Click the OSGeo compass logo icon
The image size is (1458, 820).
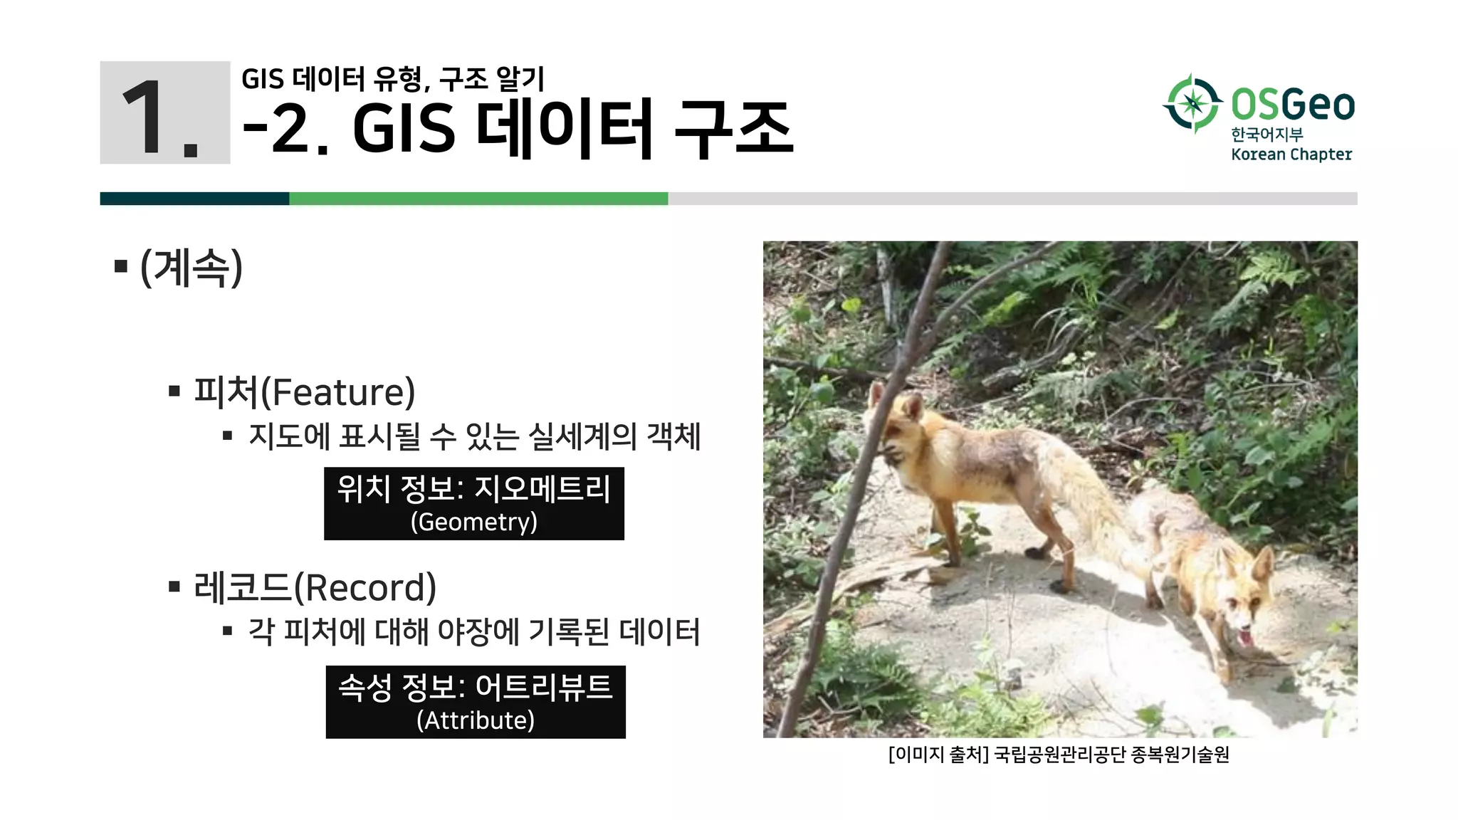pyautogui.click(x=1193, y=104)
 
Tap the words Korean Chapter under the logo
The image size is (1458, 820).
pyautogui.click(x=1291, y=154)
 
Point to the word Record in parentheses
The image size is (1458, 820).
pyautogui.click(x=365, y=588)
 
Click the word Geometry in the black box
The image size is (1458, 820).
pyautogui.click(x=474, y=522)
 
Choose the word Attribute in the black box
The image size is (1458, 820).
pyautogui.click(x=476, y=720)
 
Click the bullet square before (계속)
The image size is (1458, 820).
pyautogui.click(x=121, y=267)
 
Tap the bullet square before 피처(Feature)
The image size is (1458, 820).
pyautogui.click(x=174, y=391)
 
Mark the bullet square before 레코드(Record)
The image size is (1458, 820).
pyautogui.click(x=174, y=587)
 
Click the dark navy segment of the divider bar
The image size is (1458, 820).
pyautogui.click(x=194, y=199)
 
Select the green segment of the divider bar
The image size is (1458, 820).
pyautogui.click(x=478, y=199)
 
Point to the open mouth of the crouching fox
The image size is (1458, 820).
pyautogui.click(x=1244, y=635)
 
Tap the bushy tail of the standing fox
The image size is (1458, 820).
pyautogui.click(x=1089, y=491)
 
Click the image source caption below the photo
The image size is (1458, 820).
pyautogui.click(x=1059, y=755)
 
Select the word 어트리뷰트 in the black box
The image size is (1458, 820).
pyautogui.click(x=543, y=687)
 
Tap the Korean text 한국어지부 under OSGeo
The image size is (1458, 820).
pyautogui.click(x=1266, y=134)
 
